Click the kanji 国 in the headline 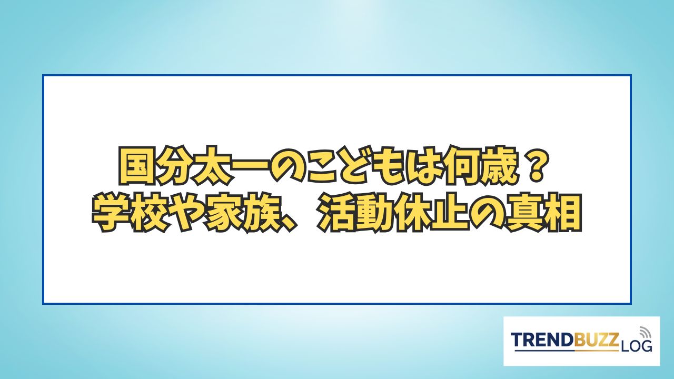tap(137, 166)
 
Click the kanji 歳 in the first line tap(502, 166)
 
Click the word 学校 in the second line tap(130, 213)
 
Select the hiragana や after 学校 tap(187, 213)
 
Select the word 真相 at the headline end tap(543, 213)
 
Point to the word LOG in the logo tap(636, 346)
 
